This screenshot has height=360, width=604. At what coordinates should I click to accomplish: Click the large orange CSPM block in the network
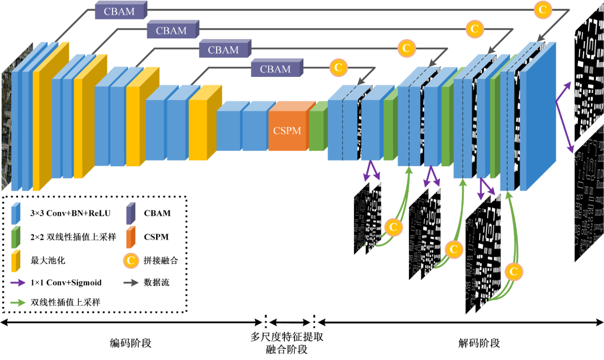(288, 131)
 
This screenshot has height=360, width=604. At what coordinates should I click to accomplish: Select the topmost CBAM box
(119, 10)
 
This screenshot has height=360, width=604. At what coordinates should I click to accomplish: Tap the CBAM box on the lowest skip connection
(275, 69)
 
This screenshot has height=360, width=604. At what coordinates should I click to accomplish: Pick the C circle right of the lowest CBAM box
(338, 68)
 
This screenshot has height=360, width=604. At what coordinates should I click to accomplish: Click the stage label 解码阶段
(478, 343)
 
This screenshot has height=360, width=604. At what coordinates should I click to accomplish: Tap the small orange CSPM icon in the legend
(131, 237)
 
